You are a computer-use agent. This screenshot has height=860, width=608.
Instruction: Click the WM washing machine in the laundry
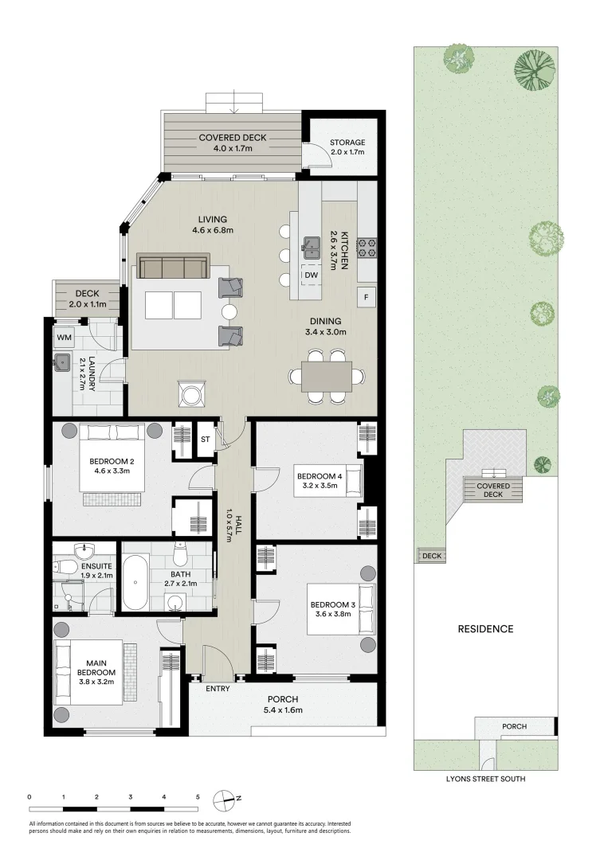pos(64,338)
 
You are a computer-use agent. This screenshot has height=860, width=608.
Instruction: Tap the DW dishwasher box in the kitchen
pos(311,276)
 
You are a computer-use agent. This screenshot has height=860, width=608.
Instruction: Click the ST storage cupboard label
pos(205,439)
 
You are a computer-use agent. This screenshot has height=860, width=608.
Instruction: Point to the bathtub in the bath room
pos(136,583)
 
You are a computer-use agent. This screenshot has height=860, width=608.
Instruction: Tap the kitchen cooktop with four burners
pos(367,248)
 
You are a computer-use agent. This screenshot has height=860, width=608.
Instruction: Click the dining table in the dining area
pos(327,375)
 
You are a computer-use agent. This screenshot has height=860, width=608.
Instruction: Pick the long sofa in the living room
pos(173,267)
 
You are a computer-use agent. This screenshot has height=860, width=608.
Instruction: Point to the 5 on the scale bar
pos(198,796)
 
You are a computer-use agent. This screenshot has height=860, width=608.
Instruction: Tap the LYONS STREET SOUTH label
pos(484,779)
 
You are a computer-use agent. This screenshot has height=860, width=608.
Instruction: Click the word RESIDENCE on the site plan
pos(485,629)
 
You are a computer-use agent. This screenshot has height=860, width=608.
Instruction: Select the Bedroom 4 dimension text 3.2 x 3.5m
pos(319,487)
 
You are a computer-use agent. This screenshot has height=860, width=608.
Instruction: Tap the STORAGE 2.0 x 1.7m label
pos(347,147)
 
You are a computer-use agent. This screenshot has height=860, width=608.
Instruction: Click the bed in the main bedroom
pos(88,671)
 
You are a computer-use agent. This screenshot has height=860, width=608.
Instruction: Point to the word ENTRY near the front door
pos(218,688)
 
